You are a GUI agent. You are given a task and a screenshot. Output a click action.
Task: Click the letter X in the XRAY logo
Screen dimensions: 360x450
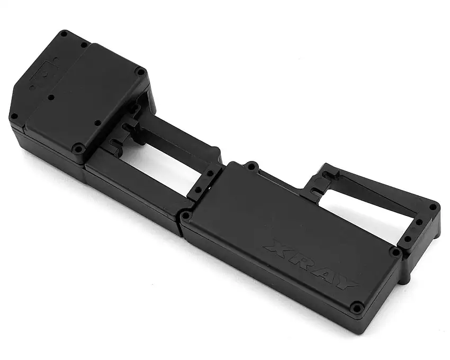[277, 247]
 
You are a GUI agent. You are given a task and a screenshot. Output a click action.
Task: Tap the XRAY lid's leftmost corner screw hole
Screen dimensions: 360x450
[185, 215]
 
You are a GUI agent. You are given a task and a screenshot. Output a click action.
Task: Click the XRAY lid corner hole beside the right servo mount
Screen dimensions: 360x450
[394, 252]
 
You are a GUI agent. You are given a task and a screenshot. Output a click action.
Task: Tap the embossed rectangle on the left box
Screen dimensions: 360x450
[39, 74]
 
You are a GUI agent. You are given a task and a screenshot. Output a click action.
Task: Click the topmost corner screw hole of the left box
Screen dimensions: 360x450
[64, 34]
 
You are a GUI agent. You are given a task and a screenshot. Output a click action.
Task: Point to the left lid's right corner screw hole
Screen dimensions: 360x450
[140, 71]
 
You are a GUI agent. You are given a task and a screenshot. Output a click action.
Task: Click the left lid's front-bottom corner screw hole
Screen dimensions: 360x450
[79, 149]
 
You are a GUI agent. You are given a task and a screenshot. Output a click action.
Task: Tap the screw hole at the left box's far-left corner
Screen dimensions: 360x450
[14, 116]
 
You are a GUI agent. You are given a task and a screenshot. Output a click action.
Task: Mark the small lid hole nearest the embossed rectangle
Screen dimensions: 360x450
[51, 98]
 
